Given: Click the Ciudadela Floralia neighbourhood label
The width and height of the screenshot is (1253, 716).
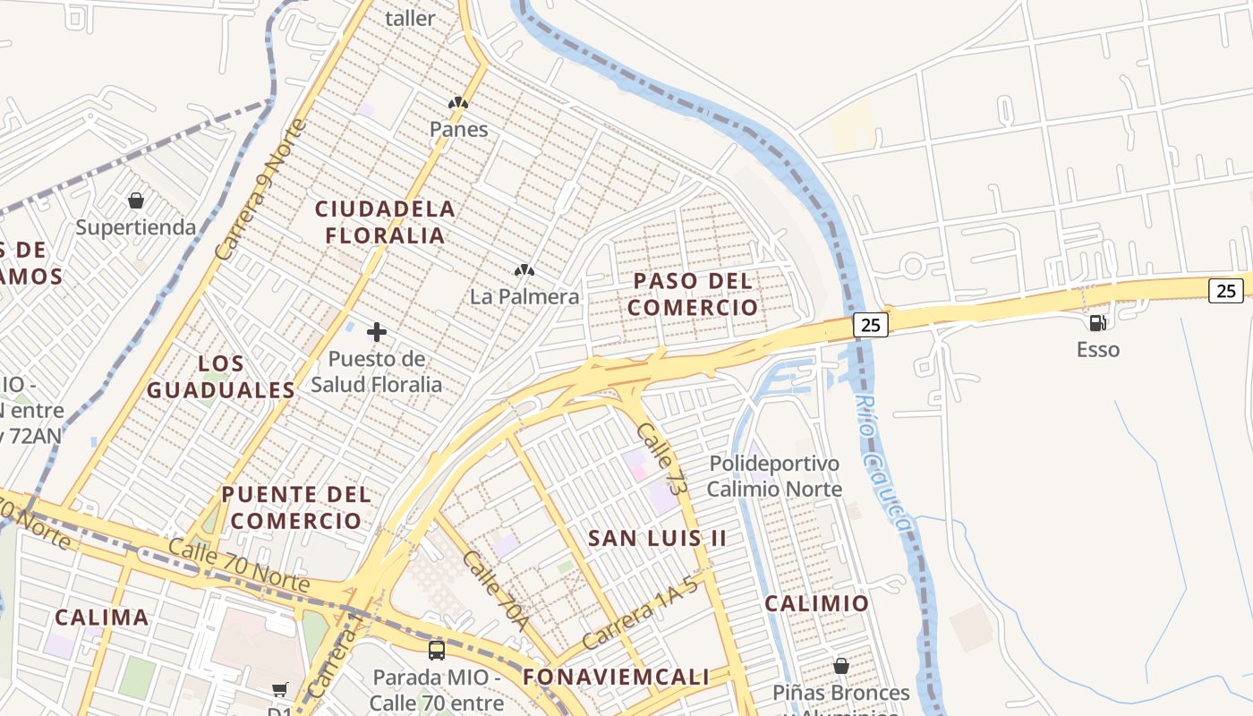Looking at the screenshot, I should click(x=385, y=222).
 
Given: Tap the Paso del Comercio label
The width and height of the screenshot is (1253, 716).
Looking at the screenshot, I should click(x=692, y=294).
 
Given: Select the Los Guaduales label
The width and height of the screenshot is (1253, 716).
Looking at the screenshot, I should click(x=221, y=376).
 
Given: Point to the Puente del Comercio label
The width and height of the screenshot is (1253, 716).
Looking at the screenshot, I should click(x=296, y=507).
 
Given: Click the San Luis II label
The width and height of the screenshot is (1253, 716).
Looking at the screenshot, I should click(x=657, y=538).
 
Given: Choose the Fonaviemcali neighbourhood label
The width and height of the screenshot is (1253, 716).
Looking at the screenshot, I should click(x=616, y=677).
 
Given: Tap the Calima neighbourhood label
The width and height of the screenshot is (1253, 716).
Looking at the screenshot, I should click(x=102, y=618).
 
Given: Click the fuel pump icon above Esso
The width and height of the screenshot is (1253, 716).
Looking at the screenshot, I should click(x=1097, y=323).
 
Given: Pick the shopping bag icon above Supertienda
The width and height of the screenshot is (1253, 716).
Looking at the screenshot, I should click(x=136, y=200).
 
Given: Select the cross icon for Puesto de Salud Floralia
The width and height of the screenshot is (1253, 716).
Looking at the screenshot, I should click(x=377, y=332).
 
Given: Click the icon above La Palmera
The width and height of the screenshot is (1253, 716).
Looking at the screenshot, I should click(x=524, y=269).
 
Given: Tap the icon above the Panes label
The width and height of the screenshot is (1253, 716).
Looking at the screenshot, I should click(x=458, y=103).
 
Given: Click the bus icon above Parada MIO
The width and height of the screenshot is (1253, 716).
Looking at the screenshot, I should click(x=437, y=650).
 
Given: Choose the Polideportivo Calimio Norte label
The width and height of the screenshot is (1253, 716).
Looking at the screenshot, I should click(x=774, y=475).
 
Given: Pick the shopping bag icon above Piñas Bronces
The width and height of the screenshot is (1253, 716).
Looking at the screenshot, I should click(x=841, y=666).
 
